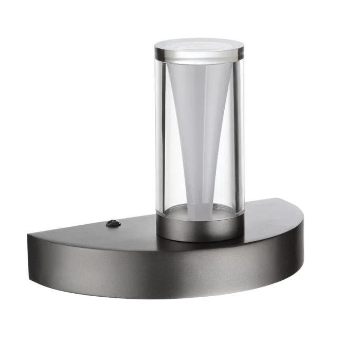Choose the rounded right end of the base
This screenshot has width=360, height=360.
(297, 242)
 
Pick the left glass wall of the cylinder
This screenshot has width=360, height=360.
(160, 134)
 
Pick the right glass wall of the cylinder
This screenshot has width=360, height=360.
(239, 134)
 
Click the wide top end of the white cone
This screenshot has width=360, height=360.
(200, 67)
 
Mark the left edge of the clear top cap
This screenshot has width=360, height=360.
(156, 49)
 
